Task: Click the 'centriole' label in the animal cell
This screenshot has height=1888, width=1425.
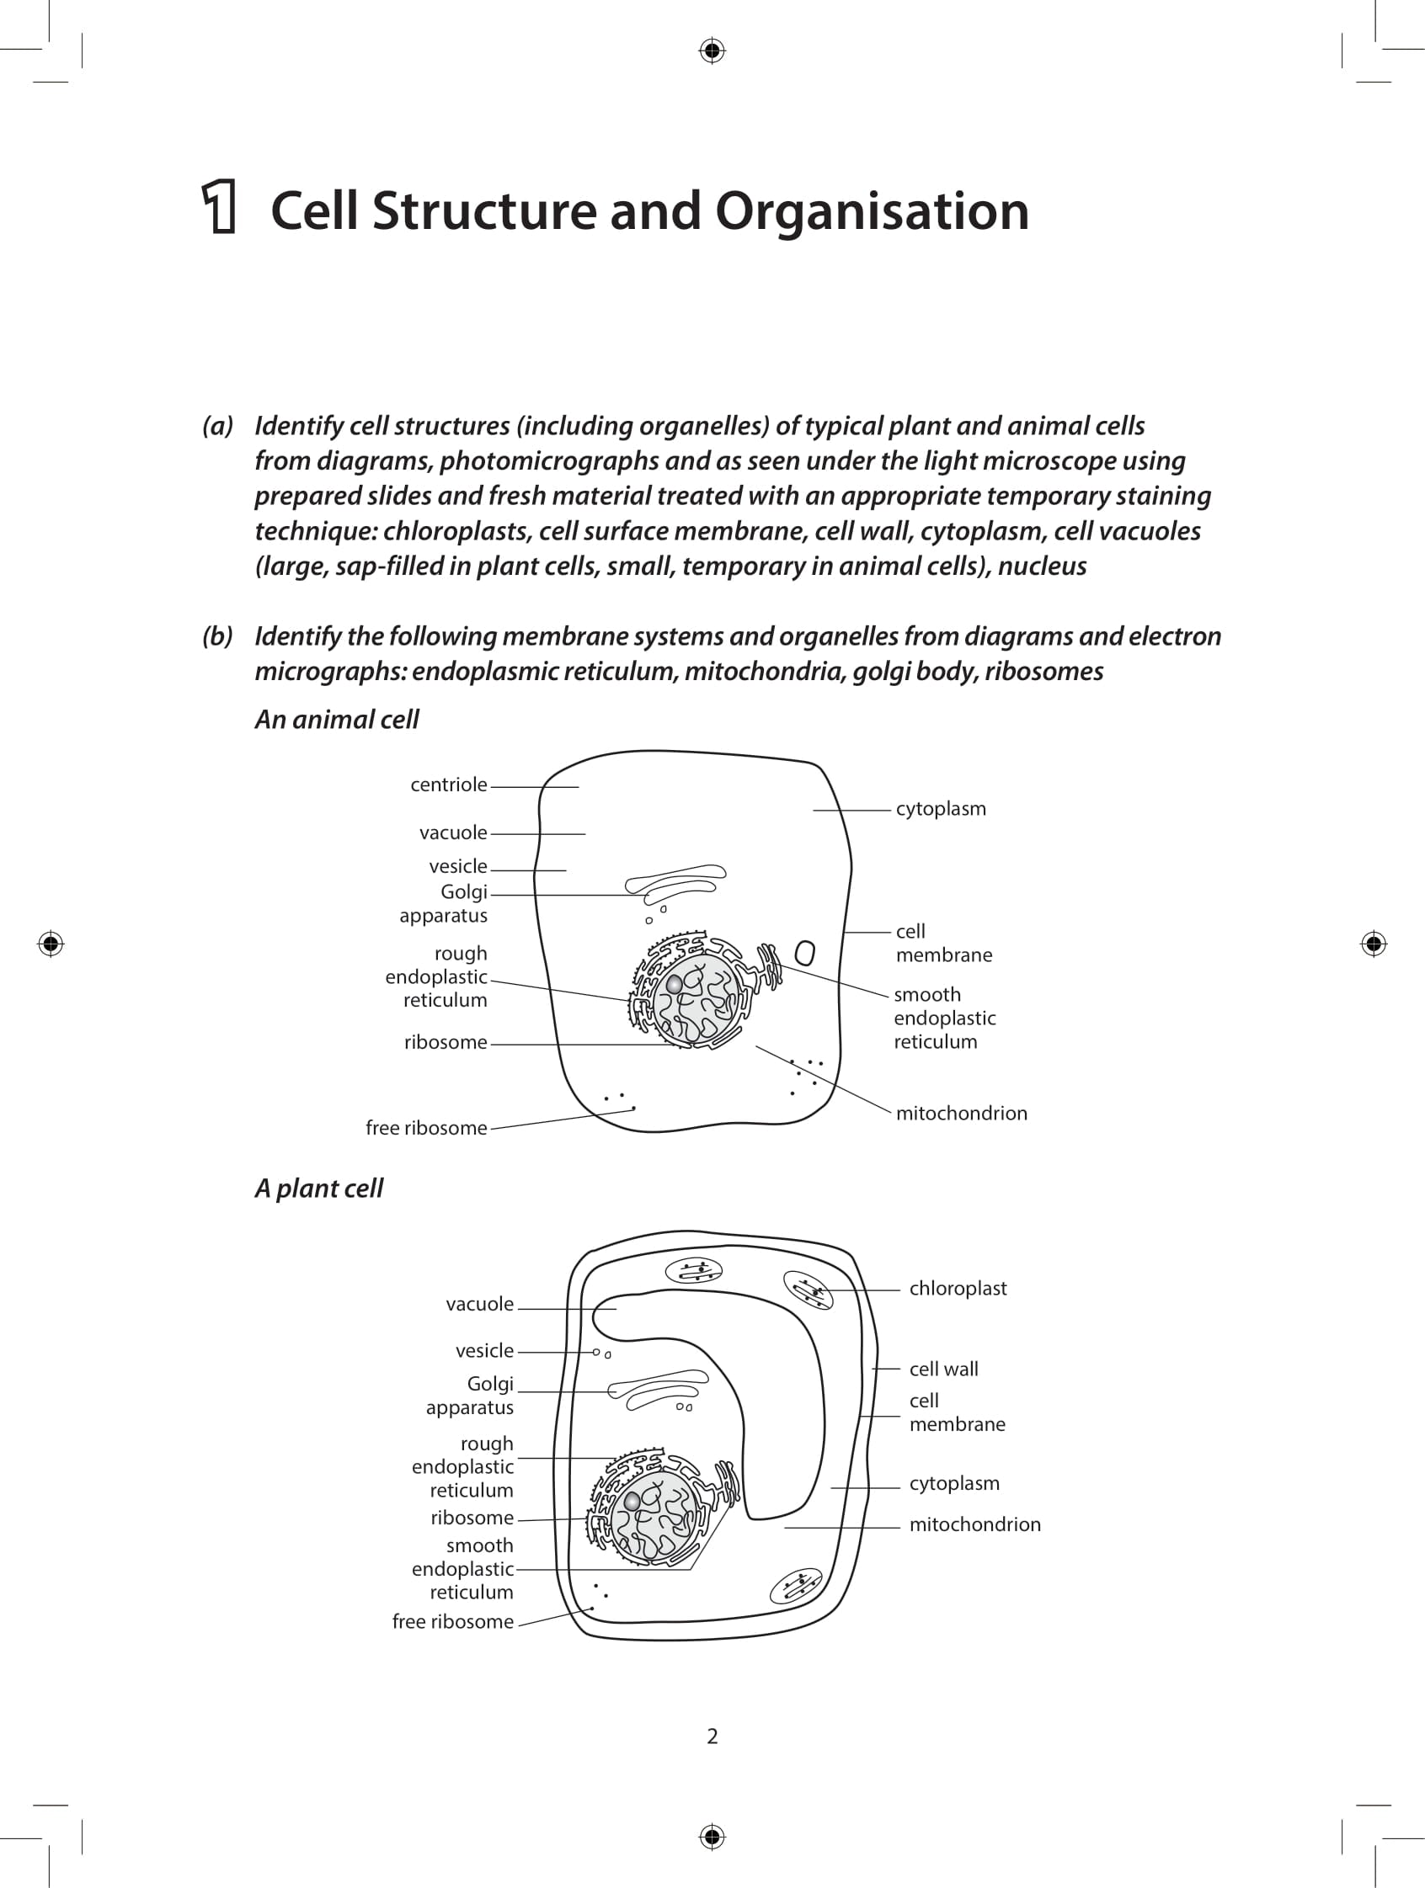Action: click(x=448, y=784)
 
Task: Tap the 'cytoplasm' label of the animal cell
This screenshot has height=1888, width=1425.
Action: click(x=940, y=808)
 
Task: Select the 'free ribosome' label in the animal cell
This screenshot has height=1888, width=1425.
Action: click(x=426, y=1128)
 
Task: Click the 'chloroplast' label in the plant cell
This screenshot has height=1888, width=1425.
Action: click(x=957, y=1288)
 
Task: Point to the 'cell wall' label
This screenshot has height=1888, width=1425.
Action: click(x=943, y=1368)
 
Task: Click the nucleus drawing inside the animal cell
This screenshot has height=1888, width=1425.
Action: click(x=696, y=997)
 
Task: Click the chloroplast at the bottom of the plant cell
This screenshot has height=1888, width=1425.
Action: click(x=796, y=1587)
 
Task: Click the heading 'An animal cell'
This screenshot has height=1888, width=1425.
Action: click(x=336, y=720)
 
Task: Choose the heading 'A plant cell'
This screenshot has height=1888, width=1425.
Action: click(x=318, y=1189)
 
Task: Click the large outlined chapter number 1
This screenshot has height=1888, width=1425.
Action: click(x=220, y=206)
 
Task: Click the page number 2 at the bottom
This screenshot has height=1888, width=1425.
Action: click(x=712, y=1736)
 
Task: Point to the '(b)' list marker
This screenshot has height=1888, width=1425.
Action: click(x=218, y=636)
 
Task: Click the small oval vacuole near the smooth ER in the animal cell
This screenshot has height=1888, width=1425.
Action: click(x=804, y=953)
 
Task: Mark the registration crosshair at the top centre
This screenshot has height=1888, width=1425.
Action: click(x=712, y=51)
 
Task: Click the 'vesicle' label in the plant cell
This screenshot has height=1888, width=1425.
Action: click(x=484, y=1350)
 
